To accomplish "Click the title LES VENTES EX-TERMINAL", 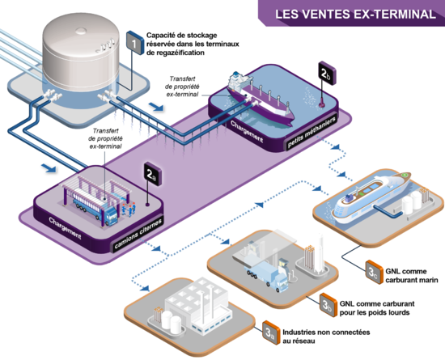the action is coord(355,14).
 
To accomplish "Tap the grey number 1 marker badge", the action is coord(135,43).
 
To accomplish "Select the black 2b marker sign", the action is coord(327,73).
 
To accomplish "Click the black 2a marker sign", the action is coord(153,174).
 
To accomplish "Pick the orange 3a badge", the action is coord(271,332).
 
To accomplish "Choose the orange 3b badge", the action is coord(328,305).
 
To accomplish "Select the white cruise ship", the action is coord(371,197).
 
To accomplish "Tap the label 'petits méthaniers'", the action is coord(311,131).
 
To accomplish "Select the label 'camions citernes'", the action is coord(138,234).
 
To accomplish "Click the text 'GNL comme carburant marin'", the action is coord(412,276).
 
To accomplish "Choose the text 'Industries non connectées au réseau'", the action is coord(326,337).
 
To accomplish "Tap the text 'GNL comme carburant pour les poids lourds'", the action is coord(377,308).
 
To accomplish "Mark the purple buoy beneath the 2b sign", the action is coord(322,104).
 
